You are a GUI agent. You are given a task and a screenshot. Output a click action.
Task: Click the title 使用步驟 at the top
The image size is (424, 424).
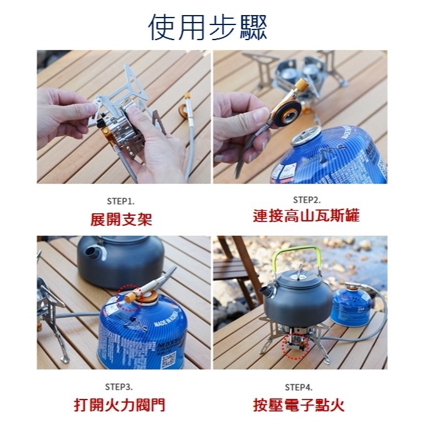pyautogui.click(x=208, y=26)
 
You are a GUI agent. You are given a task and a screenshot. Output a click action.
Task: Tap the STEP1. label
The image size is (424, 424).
pyautogui.click(x=120, y=200)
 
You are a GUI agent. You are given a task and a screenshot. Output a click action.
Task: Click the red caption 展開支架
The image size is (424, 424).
pyautogui.click(x=121, y=219)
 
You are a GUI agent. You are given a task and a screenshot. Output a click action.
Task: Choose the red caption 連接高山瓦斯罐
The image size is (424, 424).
pyautogui.click(x=306, y=217)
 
